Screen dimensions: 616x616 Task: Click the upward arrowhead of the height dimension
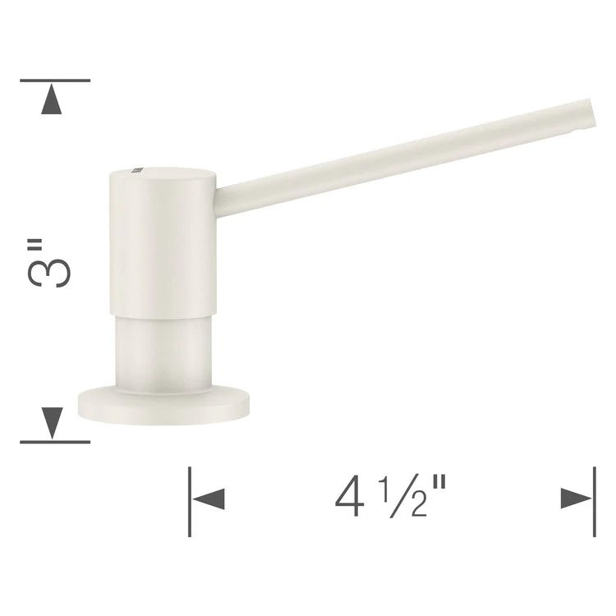tap(53, 101)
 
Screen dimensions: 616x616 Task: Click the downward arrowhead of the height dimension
tap(53, 421)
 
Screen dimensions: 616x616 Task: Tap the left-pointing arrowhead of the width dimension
tap(209, 499)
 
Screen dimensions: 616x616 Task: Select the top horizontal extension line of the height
tap(54, 80)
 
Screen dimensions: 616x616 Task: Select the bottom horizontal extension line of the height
tap(54, 442)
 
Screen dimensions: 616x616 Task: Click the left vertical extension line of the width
tap(190, 501)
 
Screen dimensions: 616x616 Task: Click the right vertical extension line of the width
tap(594, 501)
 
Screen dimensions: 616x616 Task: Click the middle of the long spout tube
tap(402, 156)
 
